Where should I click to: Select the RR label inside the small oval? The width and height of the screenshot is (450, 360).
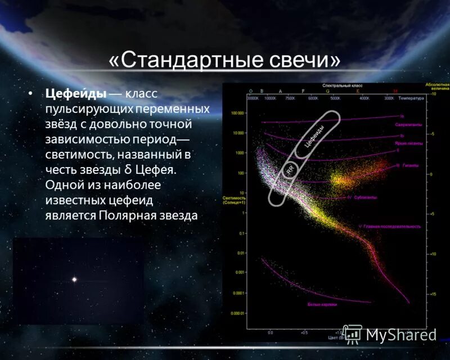[x=291, y=168]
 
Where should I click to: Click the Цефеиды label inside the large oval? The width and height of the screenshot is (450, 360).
[x=314, y=136]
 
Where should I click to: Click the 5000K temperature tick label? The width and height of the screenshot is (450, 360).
[x=335, y=98]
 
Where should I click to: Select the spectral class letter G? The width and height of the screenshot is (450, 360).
[x=327, y=91]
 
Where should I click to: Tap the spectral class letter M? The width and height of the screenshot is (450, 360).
[x=395, y=91]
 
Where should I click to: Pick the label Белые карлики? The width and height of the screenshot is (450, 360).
[x=322, y=304]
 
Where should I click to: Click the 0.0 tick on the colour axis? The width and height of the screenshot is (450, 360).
[x=270, y=332]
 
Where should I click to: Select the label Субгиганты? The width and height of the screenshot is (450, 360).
[x=366, y=198]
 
